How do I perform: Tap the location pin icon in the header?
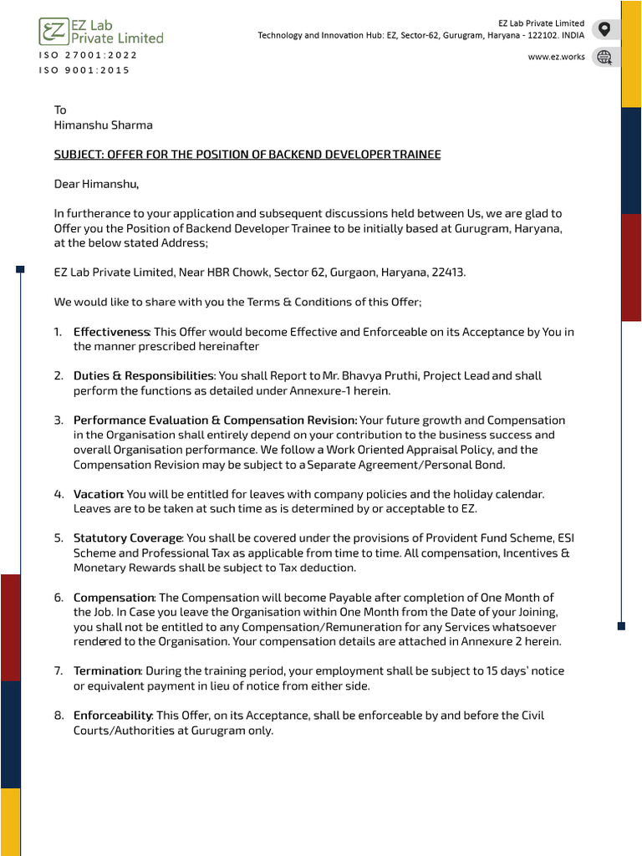604,30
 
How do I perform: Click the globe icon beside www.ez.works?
604,57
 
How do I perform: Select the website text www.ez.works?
556,57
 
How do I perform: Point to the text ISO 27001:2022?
88,55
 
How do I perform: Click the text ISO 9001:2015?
84,70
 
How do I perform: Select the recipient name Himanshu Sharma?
104,125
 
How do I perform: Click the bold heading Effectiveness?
111,332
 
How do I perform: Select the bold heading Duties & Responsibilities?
144,376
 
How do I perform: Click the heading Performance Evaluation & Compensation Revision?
215,420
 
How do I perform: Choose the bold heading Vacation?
98,494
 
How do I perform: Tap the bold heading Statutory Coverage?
127,538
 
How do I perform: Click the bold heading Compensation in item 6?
114,598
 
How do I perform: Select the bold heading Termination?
107,671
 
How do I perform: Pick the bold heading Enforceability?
112,716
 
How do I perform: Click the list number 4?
59,494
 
